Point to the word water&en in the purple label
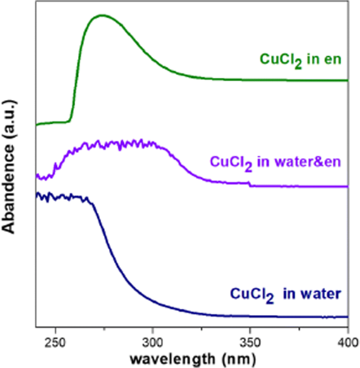[313, 161]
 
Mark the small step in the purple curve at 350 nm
[250, 183]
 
